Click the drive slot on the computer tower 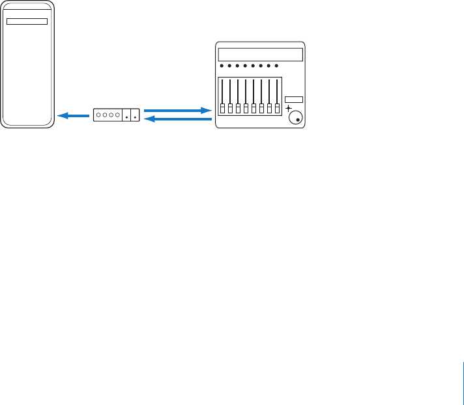pyautogui.click(x=27, y=21)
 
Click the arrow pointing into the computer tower pyautogui.click(x=73, y=116)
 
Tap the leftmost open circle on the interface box pyautogui.click(x=98, y=115)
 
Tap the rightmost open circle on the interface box pyautogui.click(x=117, y=115)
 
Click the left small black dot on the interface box pyautogui.click(x=126, y=118)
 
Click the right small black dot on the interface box pyautogui.click(x=135, y=118)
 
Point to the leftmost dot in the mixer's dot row pyautogui.click(x=222, y=66)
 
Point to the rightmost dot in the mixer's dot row pyautogui.click(x=277, y=66)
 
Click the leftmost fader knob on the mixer pyautogui.click(x=222, y=107)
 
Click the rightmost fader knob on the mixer pyautogui.click(x=277, y=107)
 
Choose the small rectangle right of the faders pyautogui.click(x=294, y=100)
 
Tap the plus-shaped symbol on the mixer pyautogui.click(x=289, y=108)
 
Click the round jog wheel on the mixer pyautogui.click(x=297, y=117)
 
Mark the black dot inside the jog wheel pyautogui.click(x=298, y=120)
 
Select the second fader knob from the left pyautogui.click(x=230, y=107)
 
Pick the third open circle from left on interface pyautogui.click(x=111, y=115)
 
